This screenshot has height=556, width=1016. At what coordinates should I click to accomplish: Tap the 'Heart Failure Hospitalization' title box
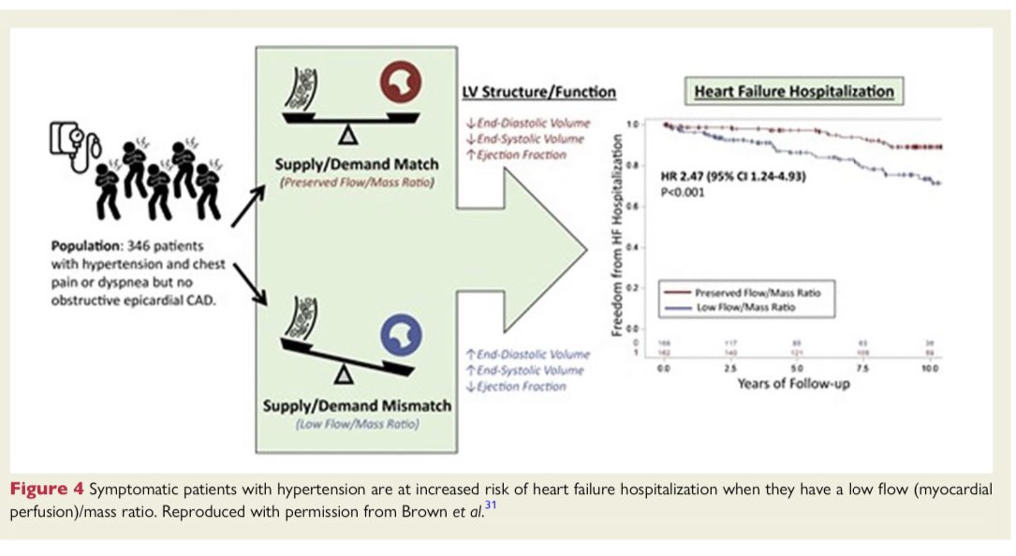[793, 92]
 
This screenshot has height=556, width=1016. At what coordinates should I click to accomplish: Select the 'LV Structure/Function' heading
[539, 92]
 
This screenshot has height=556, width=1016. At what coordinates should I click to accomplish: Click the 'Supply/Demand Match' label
[351, 167]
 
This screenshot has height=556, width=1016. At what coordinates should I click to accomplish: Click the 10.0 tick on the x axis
[927, 370]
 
